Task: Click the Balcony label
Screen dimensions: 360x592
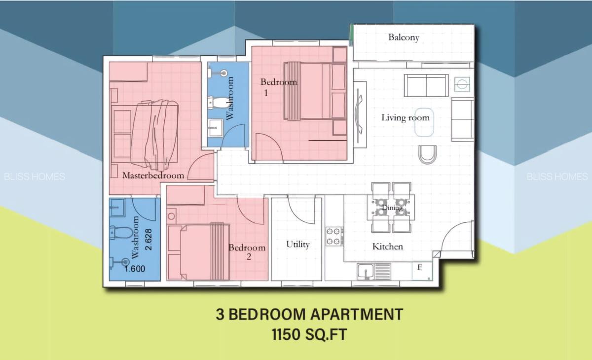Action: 404,37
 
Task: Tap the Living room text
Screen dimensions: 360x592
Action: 405,117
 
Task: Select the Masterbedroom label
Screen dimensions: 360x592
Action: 153,175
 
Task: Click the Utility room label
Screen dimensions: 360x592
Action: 298,245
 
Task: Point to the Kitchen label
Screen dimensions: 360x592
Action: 387,247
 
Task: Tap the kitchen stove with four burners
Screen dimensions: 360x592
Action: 334,236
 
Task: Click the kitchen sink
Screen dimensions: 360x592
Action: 366,271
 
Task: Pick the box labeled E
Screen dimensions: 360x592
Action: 420,268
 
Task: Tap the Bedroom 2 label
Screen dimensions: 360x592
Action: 247,252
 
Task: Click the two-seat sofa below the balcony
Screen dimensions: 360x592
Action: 426,85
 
